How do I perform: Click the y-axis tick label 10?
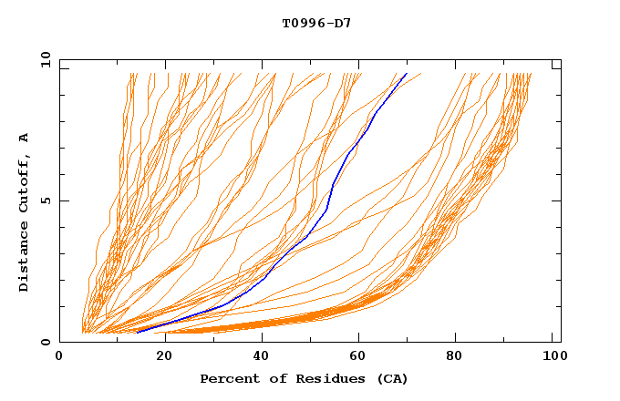click(45, 60)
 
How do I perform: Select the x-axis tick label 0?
click(59, 358)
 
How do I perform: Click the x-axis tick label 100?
click(553, 358)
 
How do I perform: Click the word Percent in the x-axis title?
click(225, 378)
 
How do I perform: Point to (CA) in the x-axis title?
click(394, 378)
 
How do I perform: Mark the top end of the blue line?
click(407, 74)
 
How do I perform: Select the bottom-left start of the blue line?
click(137, 333)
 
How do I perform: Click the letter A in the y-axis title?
click(25, 138)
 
